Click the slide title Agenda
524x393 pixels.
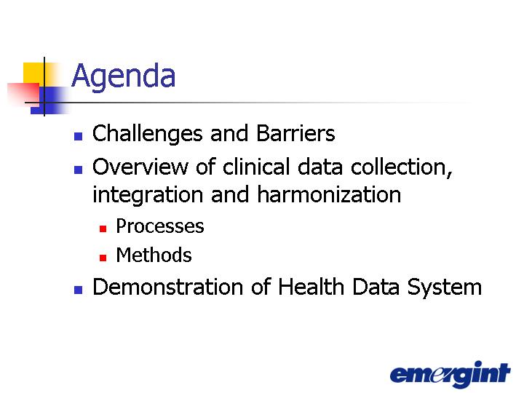(x=123, y=76)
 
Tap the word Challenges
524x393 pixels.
(x=147, y=134)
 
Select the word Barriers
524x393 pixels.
(x=295, y=133)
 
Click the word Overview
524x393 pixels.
(x=140, y=167)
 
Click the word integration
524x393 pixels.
(x=148, y=195)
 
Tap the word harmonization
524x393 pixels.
(x=329, y=194)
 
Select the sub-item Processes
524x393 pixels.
(x=159, y=226)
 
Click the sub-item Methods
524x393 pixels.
(x=154, y=255)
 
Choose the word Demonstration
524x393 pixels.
(x=167, y=287)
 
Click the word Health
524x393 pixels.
(x=311, y=287)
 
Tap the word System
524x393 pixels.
(x=445, y=287)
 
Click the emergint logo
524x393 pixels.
(x=450, y=374)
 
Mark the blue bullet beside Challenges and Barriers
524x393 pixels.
(x=78, y=136)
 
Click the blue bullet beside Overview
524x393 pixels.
(x=78, y=170)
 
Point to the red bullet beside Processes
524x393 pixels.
(x=103, y=229)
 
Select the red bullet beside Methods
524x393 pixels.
(x=103, y=258)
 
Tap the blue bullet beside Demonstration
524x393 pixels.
(x=78, y=290)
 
